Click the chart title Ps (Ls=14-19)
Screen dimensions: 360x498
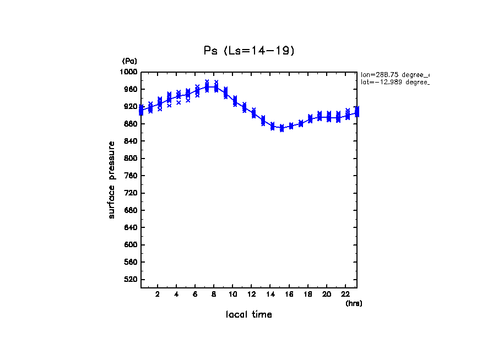pyautogui.click(x=249, y=51)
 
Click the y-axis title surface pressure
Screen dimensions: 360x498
pyautogui.click(x=112, y=179)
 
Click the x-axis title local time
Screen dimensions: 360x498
pyautogui.click(x=249, y=315)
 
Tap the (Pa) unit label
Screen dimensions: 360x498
pyautogui.click(x=129, y=61)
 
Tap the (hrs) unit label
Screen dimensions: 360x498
pyautogui.click(x=354, y=303)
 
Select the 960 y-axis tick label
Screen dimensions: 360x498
pyautogui.click(x=131, y=89)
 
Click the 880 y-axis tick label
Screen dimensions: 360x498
pyautogui.click(x=131, y=124)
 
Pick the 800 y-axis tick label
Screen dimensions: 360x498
pyautogui.click(x=131, y=159)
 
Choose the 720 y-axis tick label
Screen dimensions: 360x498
pyautogui.click(x=131, y=193)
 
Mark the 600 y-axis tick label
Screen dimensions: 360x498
pyautogui.click(x=131, y=245)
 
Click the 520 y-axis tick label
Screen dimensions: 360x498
pyautogui.click(x=131, y=280)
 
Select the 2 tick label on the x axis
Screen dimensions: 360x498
pyautogui.click(x=158, y=294)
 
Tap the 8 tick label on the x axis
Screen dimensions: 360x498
pyautogui.click(x=214, y=294)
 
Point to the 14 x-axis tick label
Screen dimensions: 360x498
pyautogui.click(x=270, y=294)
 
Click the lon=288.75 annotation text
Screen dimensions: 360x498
pyautogui.click(x=394, y=74)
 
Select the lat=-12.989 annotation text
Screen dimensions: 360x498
pyautogui.click(x=394, y=82)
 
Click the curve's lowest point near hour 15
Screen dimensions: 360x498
pyautogui.click(x=282, y=128)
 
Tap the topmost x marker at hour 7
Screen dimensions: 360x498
pyautogui.click(x=207, y=81)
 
